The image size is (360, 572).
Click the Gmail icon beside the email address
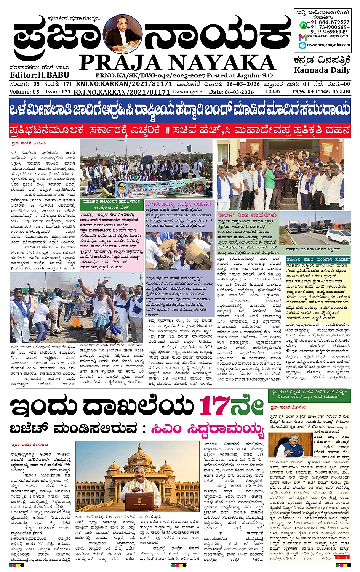pyautogui.click(x=302, y=37)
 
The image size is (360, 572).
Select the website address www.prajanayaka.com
pyautogui.click(x=328, y=45)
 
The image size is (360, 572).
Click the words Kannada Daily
pyautogui.click(x=322, y=70)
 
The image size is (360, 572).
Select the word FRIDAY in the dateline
pyautogui.click(x=273, y=91)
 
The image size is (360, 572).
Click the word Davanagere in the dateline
pyautogui.click(x=188, y=92)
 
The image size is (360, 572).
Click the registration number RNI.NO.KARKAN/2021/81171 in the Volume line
pyautogui.click(x=122, y=92)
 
